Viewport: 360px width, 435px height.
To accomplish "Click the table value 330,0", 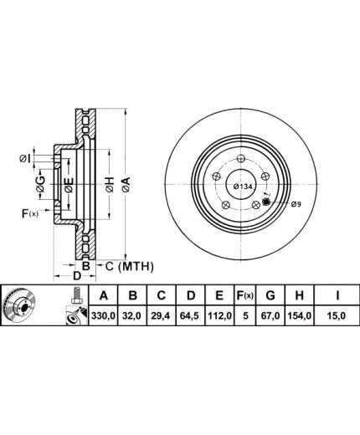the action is (x=103, y=315).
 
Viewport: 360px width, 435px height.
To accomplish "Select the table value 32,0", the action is (x=132, y=315).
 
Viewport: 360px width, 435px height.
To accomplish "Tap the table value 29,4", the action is (x=162, y=315).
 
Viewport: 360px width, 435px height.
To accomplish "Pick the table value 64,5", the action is (x=191, y=315).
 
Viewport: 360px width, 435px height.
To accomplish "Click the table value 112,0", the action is (x=219, y=315).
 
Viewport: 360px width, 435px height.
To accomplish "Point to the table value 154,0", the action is (x=299, y=315).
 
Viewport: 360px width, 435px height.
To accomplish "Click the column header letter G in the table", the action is (x=270, y=295).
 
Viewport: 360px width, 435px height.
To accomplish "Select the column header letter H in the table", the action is (x=299, y=295).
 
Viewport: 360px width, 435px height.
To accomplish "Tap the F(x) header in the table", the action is (x=245, y=295).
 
